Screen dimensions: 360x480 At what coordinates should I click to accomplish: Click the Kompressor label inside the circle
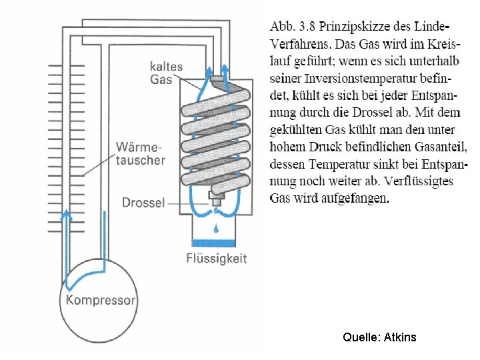(101, 300)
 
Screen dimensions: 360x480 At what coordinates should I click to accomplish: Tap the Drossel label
(143, 201)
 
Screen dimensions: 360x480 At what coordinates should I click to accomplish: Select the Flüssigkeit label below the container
(216, 258)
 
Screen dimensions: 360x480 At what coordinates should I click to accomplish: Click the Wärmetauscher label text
(140, 153)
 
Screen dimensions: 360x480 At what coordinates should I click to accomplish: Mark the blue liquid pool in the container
(215, 241)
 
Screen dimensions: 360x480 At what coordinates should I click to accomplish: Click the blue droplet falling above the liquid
(215, 229)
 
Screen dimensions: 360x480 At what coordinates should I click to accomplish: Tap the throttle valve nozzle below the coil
(215, 199)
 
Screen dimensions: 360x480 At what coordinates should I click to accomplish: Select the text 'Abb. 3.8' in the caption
(292, 27)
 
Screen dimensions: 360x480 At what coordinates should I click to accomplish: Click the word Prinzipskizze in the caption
(353, 27)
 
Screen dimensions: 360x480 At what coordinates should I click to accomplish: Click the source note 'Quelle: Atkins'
(379, 337)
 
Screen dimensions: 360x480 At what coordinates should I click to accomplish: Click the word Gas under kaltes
(161, 79)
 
